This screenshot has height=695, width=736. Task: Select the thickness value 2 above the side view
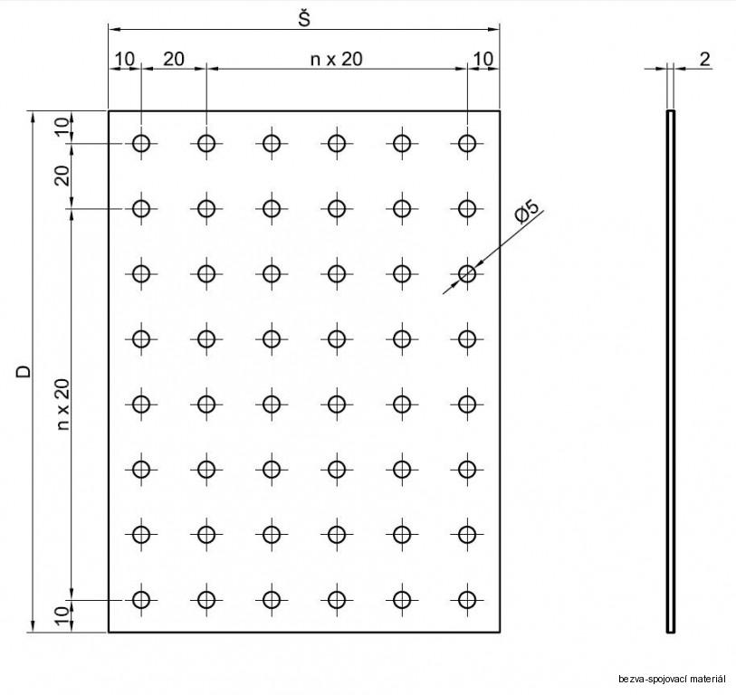tap(704, 59)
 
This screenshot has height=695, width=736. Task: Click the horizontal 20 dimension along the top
tap(173, 59)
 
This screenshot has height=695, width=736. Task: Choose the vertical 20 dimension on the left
tap(62, 176)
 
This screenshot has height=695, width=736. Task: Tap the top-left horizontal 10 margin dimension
tap(125, 59)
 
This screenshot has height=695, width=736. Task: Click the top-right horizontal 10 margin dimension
tap(483, 59)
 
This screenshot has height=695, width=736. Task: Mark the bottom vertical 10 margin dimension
tap(62, 617)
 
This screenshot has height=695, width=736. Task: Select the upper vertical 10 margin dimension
tap(62, 127)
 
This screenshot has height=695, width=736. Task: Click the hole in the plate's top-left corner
tap(141, 143)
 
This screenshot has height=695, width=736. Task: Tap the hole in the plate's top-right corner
tap(467, 143)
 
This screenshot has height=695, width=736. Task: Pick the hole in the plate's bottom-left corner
tap(141, 599)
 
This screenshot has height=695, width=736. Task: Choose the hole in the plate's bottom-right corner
tap(467, 599)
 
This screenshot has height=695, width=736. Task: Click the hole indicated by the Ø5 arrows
tap(467, 273)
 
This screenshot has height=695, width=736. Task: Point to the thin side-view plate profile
tap(671, 371)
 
